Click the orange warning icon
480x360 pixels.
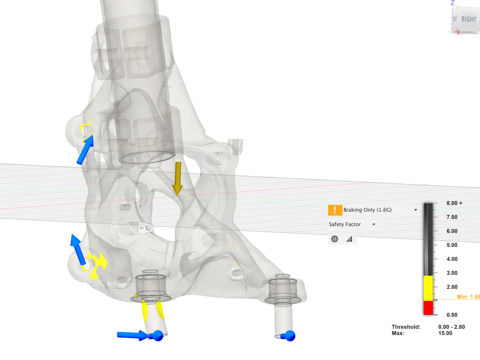click(335, 210)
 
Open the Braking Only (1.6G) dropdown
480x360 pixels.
click(416, 210)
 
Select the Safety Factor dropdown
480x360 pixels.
click(374, 224)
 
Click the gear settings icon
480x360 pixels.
click(335, 239)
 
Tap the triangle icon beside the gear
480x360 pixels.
click(349, 239)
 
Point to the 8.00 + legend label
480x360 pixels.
click(454, 203)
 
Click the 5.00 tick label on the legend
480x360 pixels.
click(452, 245)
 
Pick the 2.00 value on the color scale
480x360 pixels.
click(452, 287)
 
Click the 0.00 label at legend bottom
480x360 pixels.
click(452, 315)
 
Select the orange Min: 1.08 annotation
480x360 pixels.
click(468, 297)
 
